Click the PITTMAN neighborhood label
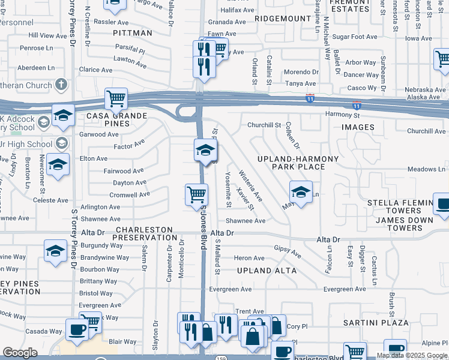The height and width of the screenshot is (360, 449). [x=133, y=32]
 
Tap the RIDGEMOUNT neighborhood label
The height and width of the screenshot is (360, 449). [x=282, y=19]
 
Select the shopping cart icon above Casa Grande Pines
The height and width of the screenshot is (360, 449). [x=116, y=98]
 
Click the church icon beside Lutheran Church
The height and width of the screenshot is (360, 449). [x=61, y=85]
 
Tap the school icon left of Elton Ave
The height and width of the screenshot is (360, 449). [x=58, y=164]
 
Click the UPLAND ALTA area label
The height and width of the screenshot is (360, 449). [x=267, y=271]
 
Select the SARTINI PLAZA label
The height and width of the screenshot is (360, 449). [x=367, y=323]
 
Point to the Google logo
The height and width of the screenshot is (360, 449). [x=20, y=353]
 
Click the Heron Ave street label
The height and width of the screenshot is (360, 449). [x=249, y=258]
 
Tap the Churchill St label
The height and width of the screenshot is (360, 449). [x=264, y=125]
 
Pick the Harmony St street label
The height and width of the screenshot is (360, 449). [x=342, y=115]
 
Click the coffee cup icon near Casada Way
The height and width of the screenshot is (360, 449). [x=77, y=329]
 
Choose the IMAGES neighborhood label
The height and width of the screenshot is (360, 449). [x=358, y=127]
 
